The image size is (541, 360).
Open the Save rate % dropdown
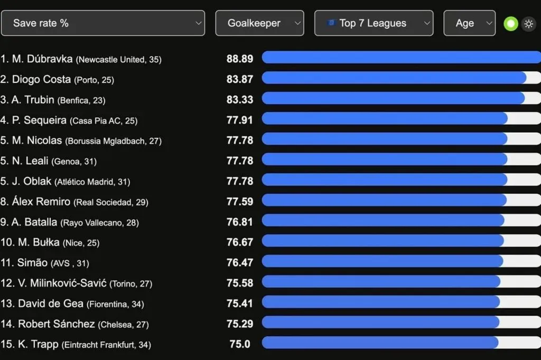tap(102, 23)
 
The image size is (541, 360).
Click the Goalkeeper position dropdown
tap(259, 23)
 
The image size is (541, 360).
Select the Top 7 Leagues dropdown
tap(374, 23)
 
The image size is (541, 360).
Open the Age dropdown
tap(469, 23)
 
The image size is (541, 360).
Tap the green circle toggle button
tap(510, 23)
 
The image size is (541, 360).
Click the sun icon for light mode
tap(528, 23)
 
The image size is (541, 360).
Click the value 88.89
tap(240, 59)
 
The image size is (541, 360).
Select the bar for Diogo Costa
tap(394, 78)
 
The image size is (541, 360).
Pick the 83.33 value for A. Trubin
tap(240, 99)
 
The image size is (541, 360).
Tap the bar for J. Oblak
tap(384, 181)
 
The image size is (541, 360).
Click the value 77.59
tap(240, 201)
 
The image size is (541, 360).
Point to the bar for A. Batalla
tap(383, 221)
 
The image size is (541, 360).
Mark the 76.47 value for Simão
tap(240, 262)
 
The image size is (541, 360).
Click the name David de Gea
tap(51, 303)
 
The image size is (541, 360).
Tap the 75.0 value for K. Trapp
tap(240, 344)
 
